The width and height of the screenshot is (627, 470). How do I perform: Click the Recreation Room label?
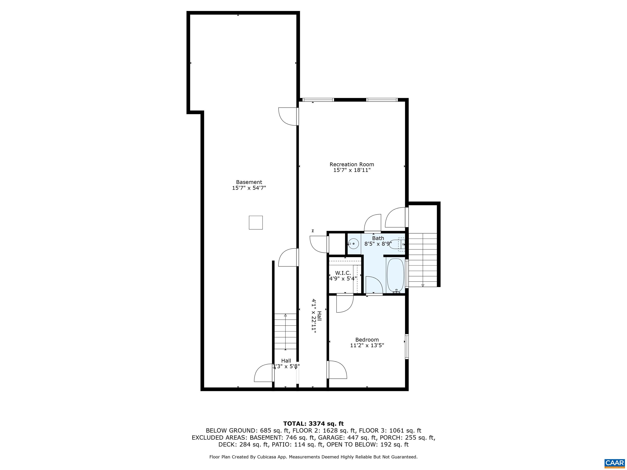pos(351,164)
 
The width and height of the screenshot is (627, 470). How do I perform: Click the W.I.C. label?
pos(343,273)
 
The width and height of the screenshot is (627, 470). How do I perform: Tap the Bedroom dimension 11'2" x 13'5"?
pos(367,345)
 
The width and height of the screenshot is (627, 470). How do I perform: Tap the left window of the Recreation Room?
pos(318,100)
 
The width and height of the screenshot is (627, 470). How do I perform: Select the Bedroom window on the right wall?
pos(407,346)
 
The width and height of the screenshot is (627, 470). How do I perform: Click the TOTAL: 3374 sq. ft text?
pos(313,423)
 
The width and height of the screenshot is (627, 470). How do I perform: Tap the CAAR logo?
pos(615,463)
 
